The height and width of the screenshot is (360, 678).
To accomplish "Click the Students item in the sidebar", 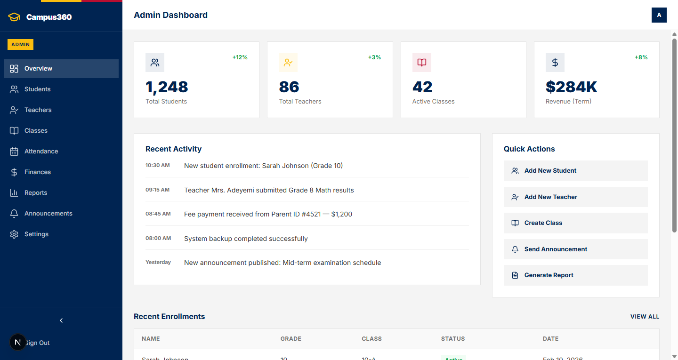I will point(37,89).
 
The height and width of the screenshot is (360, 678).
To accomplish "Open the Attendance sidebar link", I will point(41,152).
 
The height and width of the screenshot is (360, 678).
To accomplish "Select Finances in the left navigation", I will point(37,172).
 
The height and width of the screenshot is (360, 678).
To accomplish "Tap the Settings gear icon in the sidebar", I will point(14,234).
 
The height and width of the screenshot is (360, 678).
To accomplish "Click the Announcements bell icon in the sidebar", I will point(14,214).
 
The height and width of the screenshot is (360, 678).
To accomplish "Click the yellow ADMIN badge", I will point(20,45).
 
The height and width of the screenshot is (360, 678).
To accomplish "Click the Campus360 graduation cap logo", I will point(15,17).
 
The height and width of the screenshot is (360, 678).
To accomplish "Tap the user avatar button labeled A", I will point(659,15).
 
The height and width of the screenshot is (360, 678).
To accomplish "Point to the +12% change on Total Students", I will point(240,57).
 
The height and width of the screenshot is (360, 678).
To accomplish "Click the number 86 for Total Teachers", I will point(289,87).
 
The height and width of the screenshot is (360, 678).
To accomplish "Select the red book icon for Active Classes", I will point(421,63).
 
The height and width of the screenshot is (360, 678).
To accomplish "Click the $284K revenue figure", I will point(571,87).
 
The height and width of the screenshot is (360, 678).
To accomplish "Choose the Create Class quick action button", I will point(575,223).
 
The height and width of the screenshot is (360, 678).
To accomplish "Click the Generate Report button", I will point(575,275).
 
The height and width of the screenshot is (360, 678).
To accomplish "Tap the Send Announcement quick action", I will point(575,249).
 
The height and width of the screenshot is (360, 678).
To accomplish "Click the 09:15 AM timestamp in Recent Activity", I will point(157,190).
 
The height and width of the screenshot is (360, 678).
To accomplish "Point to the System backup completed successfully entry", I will point(246,239).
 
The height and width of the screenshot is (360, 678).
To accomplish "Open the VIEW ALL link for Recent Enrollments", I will point(645,317).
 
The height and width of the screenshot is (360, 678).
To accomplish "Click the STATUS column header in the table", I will point(452,339).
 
